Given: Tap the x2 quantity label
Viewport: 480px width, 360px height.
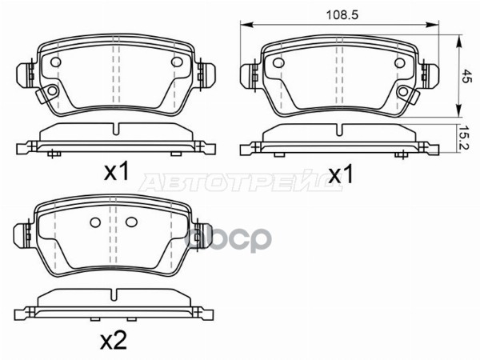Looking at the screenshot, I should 114,341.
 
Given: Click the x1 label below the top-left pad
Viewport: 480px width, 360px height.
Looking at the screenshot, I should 117,171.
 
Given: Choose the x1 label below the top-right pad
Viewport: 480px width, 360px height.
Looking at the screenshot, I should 341,174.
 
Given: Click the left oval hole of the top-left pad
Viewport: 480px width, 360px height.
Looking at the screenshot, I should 57,63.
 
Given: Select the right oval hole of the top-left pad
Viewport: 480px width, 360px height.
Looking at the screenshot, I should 177,63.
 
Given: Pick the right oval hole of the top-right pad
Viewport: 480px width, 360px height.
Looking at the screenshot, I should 399,63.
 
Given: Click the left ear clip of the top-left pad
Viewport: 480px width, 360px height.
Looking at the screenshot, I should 23,75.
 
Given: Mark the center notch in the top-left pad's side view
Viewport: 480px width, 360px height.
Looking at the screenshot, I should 116,129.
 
